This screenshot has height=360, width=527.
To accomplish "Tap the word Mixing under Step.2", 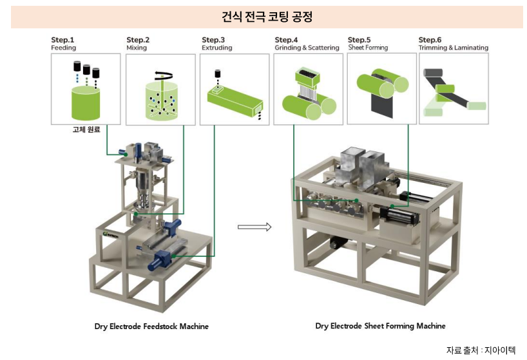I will pyautogui.click(x=137, y=48).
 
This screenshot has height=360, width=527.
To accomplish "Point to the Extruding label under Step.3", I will pyautogui.click(x=216, y=48).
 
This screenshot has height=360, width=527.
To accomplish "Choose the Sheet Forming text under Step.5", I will pyautogui.click(x=368, y=48).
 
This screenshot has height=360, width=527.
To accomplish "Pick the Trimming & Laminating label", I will pyautogui.click(x=453, y=48).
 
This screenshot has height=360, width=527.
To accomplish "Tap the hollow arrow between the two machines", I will pyautogui.click(x=254, y=226).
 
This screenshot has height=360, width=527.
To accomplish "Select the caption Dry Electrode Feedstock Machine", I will pyautogui.click(x=151, y=326).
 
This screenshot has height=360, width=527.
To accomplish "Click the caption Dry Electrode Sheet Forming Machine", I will pyautogui.click(x=380, y=326).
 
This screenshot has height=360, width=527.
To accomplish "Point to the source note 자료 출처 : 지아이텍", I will pyautogui.click(x=481, y=350).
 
